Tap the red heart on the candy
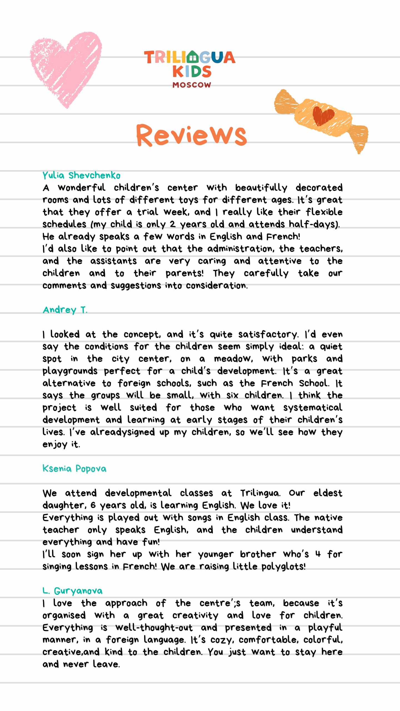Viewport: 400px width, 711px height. pos(323,116)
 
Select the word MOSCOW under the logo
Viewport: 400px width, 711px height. pos(192,85)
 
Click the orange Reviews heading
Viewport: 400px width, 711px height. pos(191,135)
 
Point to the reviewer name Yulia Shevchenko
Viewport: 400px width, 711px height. pos(81,176)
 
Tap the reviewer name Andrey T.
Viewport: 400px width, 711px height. pos(65,310)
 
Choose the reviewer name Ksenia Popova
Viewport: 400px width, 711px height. pos(74,469)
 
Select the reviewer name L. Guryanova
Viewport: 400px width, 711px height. pos(72,591)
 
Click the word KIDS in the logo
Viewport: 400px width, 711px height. pos(192,71)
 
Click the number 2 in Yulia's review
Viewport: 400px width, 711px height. pos(172,224)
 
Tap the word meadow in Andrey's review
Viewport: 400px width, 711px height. pos(233,359)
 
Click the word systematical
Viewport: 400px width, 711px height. pos(313,408)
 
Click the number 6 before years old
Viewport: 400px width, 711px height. pos(93,505)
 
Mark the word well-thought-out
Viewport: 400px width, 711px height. pos(154,628)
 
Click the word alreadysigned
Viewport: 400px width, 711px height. pos(122,432)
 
